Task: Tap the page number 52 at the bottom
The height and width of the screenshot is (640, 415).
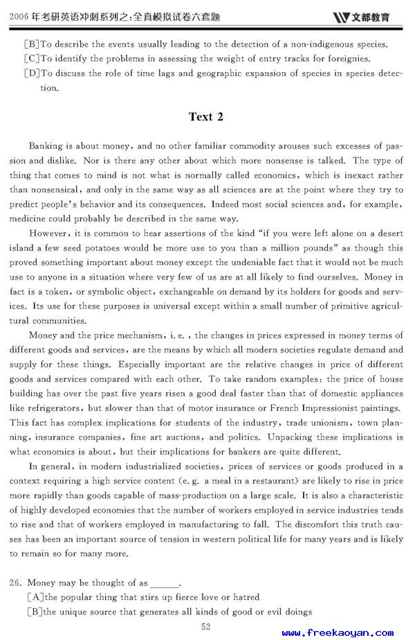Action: click(x=205, y=626)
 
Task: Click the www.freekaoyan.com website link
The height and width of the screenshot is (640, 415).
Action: click(x=338, y=632)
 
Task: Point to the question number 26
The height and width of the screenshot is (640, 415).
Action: click(x=16, y=583)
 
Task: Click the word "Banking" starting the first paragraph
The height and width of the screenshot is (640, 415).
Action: click(x=46, y=146)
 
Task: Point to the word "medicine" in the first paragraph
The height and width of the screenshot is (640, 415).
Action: click(x=29, y=219)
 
